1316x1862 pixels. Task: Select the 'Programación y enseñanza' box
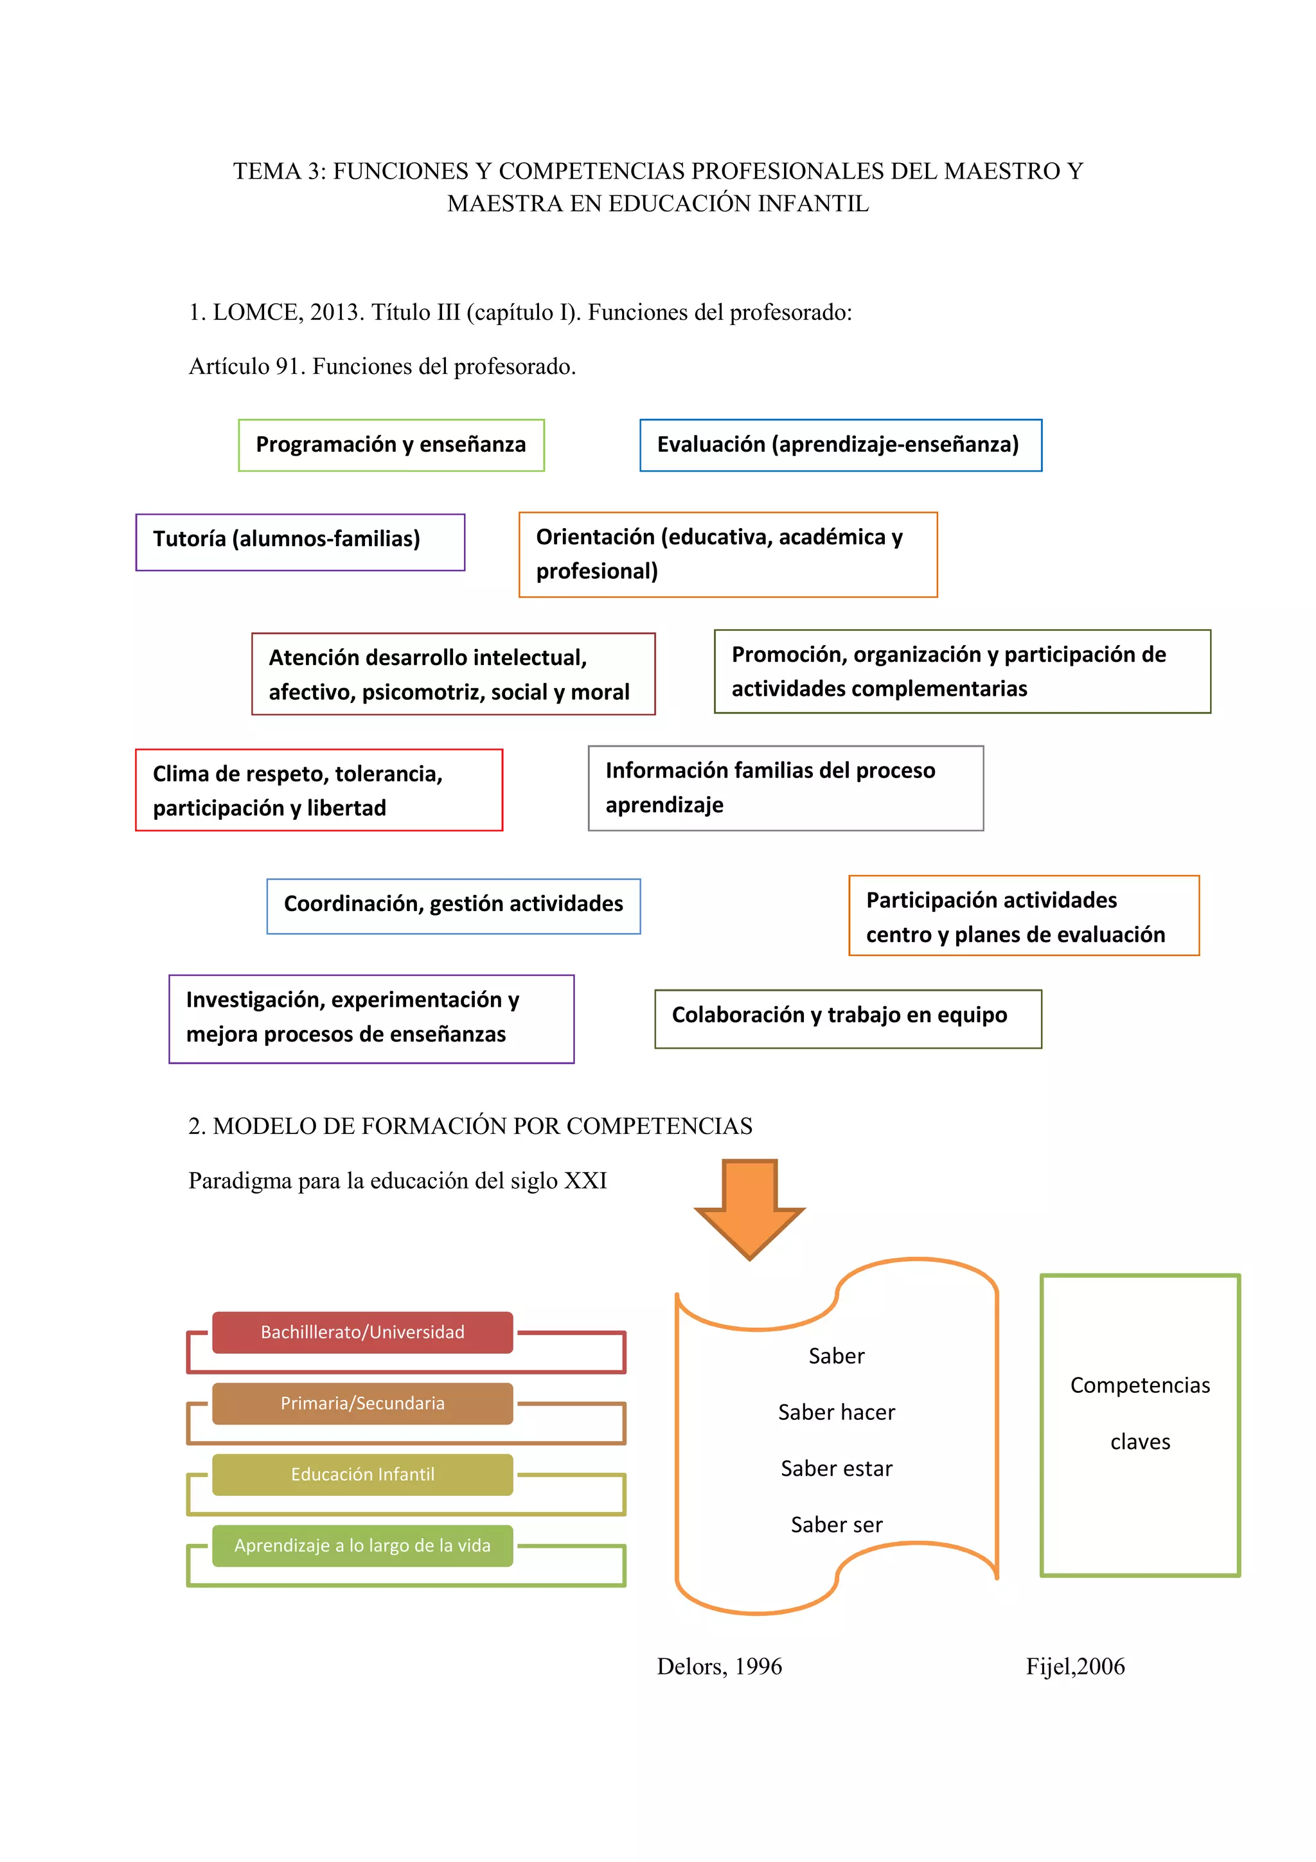[x=391, y=445]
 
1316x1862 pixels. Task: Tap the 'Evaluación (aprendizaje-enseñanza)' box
[x=840, y=445]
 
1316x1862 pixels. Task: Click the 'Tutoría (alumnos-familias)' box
[x=300, y=542]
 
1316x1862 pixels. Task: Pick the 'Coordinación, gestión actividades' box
[x=453, y=906]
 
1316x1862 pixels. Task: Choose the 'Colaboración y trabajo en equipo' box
[x=848, y=1018]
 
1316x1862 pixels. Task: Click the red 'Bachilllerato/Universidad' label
[x=362, y=1333]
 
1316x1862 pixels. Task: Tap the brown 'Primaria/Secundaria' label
[x=362, y=1404]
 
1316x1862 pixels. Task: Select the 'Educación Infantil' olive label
[x=362, y=1475]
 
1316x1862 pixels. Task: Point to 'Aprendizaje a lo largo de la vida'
[x=362, y=1546]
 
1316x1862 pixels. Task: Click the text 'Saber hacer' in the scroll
[x=836, y=1413]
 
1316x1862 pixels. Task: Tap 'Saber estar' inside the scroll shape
[x=836, y=1469]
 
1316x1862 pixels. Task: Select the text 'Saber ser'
[x=836, y=1525]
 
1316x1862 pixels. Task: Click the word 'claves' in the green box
[x=1140, y=1442]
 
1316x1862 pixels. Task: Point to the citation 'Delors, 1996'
[x=719, y=1667]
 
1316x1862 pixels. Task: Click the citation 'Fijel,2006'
[x=1075, y=1667]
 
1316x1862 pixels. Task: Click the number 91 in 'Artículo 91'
[x=288, y=367]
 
